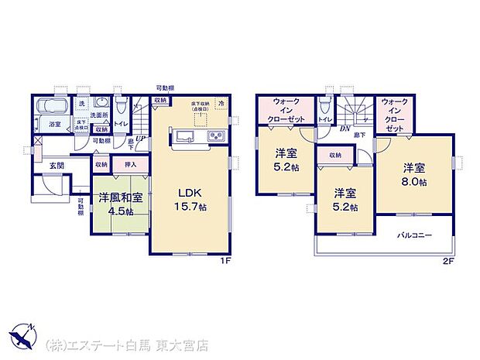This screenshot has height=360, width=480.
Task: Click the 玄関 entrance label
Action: tap(58, 165)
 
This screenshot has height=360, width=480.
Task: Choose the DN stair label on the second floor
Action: tap(344, 129)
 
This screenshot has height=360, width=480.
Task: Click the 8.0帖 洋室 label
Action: tap(412, 174)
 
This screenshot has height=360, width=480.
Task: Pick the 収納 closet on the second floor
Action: tap(335, 156)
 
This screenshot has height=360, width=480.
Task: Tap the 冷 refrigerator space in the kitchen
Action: tap(221, 103)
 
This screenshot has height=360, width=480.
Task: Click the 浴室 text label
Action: tap(56, 124)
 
